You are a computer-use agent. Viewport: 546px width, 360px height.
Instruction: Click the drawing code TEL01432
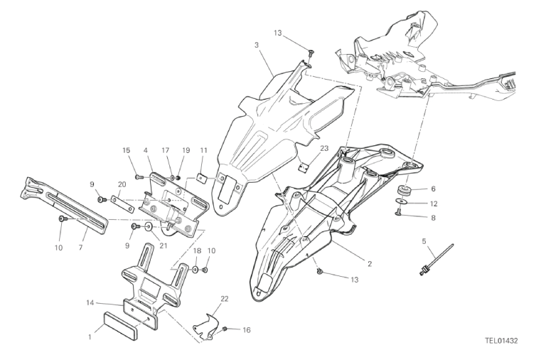(x=501, y=341)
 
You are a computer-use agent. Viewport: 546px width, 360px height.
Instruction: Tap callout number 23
(x=324, y=149)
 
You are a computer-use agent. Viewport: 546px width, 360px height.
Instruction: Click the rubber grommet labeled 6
(x=404, y=191)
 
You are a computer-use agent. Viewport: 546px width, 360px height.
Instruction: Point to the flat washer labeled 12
(x=403, y=201)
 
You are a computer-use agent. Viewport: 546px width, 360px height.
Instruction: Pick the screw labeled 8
(x=399, y=211)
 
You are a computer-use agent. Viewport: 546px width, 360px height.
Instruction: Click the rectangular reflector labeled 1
(x=119, y=325)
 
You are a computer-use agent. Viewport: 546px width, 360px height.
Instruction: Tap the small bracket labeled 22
(x=207, y=327)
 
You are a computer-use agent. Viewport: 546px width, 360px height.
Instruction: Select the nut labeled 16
(x=225, y=328)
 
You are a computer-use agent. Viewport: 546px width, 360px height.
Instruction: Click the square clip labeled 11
(x=202, y=178)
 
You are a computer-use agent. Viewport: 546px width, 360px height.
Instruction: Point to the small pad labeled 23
(x=304, y=167)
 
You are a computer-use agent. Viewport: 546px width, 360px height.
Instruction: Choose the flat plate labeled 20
(x=122, y=204)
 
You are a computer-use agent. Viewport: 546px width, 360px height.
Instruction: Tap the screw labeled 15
(x=139, y=177)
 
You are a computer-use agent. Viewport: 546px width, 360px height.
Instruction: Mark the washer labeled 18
(x=196, y=270)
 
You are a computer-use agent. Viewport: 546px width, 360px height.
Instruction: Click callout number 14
(x=90, y=303)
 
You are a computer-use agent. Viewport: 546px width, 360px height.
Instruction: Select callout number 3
(x=257, y=45)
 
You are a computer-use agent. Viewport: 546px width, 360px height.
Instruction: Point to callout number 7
(x=81, y=248)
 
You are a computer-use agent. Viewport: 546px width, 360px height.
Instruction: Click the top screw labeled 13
(x=310, y=53)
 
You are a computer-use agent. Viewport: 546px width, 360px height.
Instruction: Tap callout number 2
(x=370, y=263)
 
